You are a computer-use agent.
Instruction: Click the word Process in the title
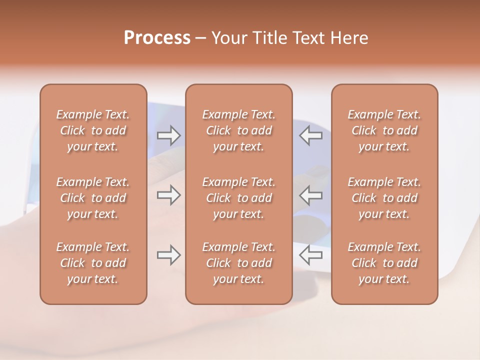pos(157,38)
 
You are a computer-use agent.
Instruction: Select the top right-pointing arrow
pos(168,135)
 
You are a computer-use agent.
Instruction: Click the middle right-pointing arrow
pos(168,195)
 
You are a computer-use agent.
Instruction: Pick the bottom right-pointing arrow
pos(168,255)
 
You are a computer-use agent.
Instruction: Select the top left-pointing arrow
pos(310,135)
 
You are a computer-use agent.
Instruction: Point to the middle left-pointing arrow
pos(310,195)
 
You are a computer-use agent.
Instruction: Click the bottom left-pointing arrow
pos(310,255)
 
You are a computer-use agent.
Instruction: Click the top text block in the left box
pos(93,130)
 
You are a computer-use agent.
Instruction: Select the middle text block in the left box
pos(93,198)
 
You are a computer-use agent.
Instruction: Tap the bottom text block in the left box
pos(93,263)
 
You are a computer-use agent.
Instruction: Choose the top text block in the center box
pos(238,130)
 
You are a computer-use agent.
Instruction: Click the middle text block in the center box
pos(238,198)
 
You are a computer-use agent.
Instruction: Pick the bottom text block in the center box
pos(238,263)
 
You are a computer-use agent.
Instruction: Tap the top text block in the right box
pos(384,130)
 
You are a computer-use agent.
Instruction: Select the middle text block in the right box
pos(384,198)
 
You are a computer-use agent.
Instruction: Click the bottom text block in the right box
pos(384,263)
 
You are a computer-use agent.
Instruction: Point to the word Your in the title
pos(228,38)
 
